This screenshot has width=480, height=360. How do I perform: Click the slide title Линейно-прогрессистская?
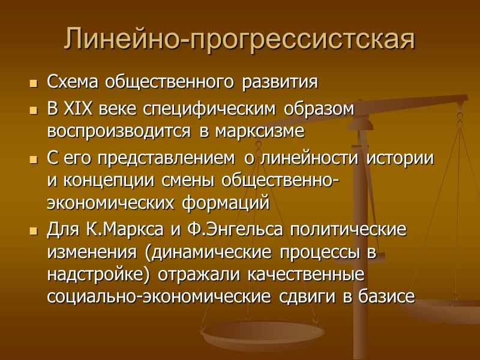pos(239,39)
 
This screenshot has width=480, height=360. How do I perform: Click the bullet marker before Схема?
pos(32,83)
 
